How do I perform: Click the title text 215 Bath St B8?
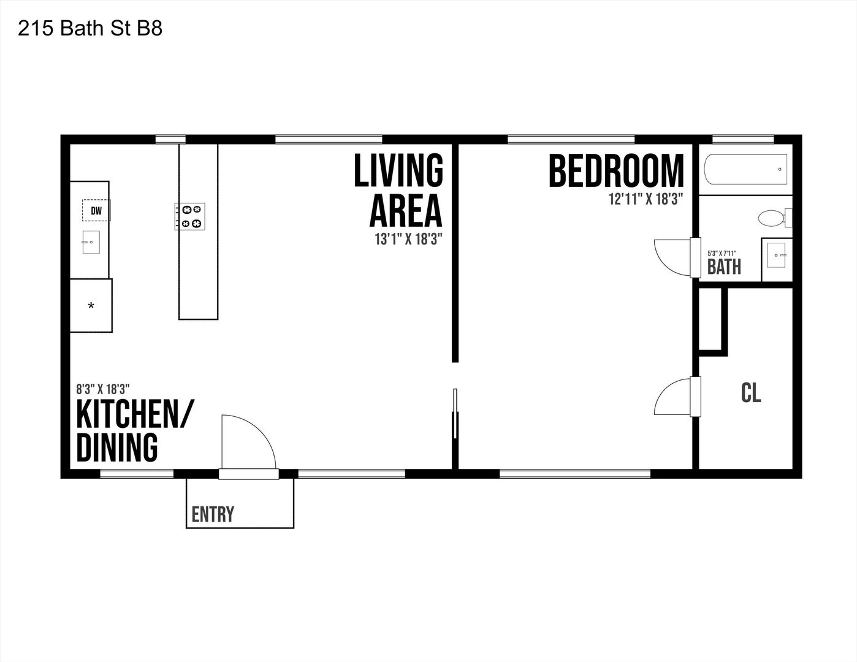click(x=90, y=28)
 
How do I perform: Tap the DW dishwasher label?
click(x=96, y=211)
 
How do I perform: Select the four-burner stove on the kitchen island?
click(x=190, y=216)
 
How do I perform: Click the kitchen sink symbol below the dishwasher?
click(x=91, y=242)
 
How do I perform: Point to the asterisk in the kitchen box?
click(x=91, y=305)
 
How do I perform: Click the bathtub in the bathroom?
click(x=745, y=169)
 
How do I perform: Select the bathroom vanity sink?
click(x=776, y=255)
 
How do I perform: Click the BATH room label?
click(x=724, y=267)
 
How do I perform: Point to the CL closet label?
click(x=751, y=393)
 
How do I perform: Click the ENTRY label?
click(x=213, y=514)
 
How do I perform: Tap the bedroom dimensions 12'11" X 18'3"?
click(x=646, y=199)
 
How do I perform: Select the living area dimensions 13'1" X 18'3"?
click(x=409, y=239)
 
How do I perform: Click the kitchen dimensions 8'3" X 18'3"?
click(x=103, y=390)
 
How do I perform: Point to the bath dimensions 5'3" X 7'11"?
click(x=722, y=254)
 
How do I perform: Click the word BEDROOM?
click(x=616, y=171)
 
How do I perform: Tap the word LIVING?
click(x=398, y=170)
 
